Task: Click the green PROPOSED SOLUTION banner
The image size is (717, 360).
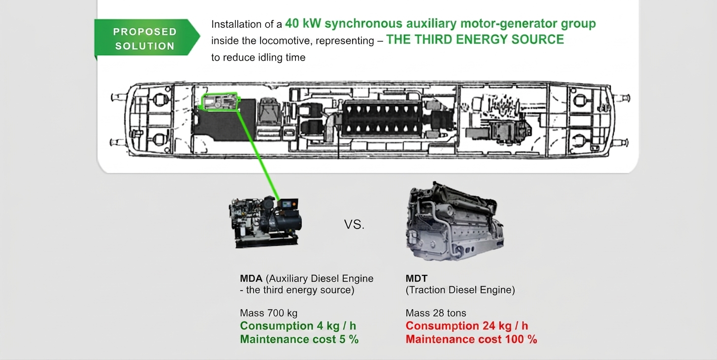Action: click(x=147, y=38)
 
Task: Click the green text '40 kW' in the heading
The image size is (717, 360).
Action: click(x=303, y=23)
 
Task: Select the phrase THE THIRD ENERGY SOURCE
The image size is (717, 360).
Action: click(x=475, y=39)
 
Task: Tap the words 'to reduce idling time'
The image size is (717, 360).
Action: click(x=259, y=58)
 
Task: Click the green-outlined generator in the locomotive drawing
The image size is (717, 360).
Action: click(x=220, y=102)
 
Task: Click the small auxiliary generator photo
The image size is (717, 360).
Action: click(x=265, y=222)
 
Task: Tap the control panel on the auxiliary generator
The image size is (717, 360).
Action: click(x=288, y=204)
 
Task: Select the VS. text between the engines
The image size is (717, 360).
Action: click(x=354, y=225)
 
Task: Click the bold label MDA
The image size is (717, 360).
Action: click(x=251, y=278)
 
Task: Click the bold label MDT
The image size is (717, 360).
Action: click(x=417, y=278)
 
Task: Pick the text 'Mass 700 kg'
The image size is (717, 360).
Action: click(x=268, y=313)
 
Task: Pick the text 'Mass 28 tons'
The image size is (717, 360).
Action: click(x=436, y=313)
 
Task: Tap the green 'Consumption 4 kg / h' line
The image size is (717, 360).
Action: click(x=298, y=326)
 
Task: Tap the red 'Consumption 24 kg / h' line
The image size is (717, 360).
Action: click(x=467, y=326)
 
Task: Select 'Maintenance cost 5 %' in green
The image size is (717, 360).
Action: click(x=299, y=339)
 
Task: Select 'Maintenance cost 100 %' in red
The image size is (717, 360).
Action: click(x=471, y=339)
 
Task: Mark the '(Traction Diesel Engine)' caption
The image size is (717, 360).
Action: click(x=460, y=290)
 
